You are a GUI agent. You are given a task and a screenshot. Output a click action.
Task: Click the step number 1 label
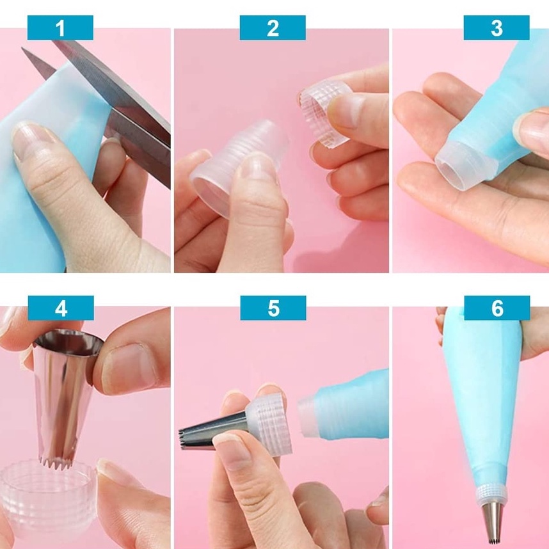pyautogui.click(x=60, y=28)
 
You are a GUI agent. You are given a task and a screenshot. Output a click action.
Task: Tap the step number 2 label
pyautogui.click(x=273, y=28)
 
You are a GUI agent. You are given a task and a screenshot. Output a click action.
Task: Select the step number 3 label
pyautogui.click(x=497, y=28)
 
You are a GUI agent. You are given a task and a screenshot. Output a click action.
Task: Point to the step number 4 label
pyautogui.click(x=61, y=308)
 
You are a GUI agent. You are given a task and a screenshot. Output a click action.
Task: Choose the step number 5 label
pyautogui.click(x=273, y=308)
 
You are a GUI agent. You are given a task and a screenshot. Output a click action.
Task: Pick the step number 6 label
pyautogui.click(x=497, y=308)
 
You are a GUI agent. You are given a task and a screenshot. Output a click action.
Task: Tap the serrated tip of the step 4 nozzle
pyautogui.click(x=57, y=463)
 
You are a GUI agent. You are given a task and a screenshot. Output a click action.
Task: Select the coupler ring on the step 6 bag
pyautogui.click(x=492, y=493)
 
